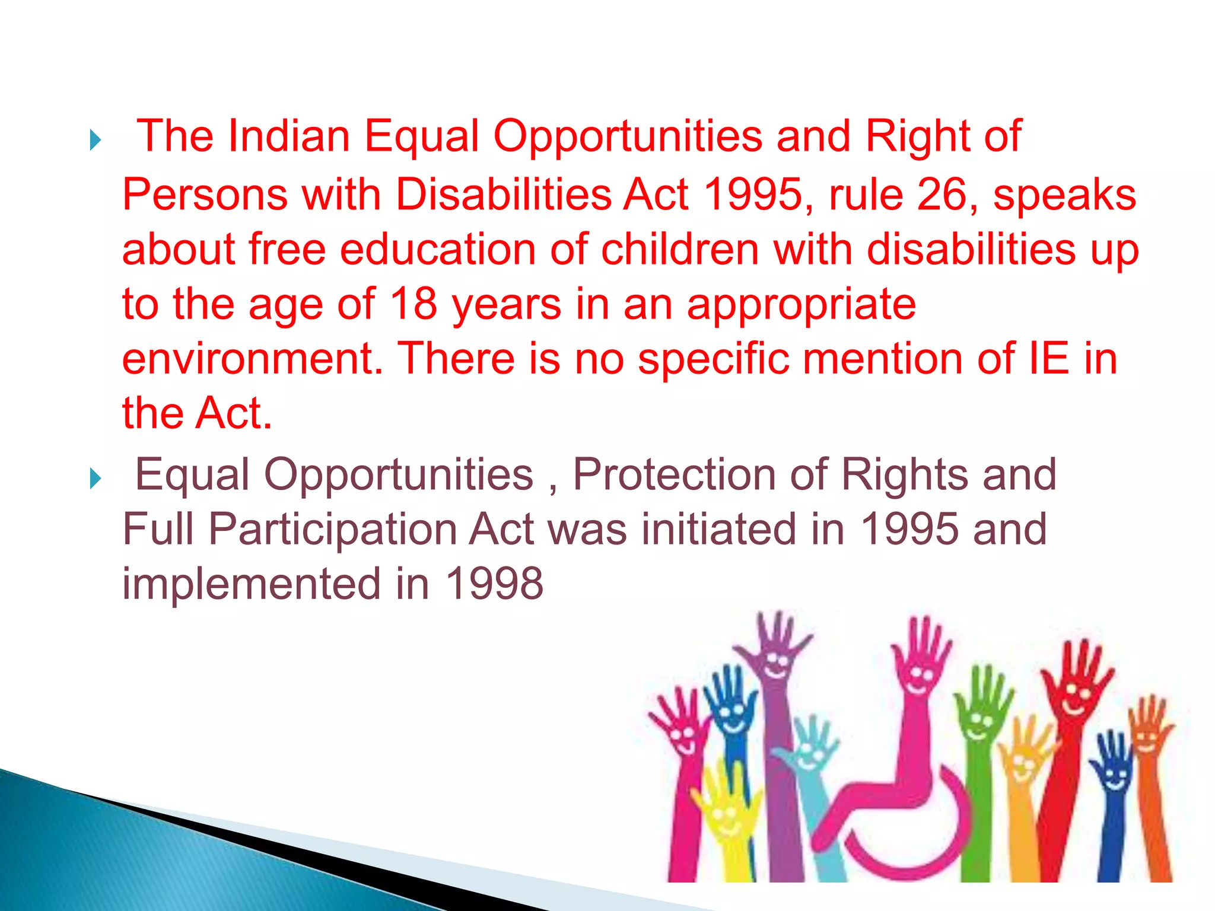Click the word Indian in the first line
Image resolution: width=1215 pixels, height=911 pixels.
tap(288, 136)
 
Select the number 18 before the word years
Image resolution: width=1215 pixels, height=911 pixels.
tap(414, 304)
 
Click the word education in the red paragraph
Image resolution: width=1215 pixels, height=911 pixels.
tap(438, 249)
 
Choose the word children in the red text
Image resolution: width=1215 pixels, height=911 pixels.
tap(680, 249)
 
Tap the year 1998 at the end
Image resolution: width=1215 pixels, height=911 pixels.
tap(494, 584)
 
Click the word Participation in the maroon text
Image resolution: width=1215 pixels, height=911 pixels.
tap(332, 529)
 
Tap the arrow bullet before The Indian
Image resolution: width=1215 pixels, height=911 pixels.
tap(95, 141)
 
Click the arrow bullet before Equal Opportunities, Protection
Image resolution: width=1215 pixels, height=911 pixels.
tap(95, 478)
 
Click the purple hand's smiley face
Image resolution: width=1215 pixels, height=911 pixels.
tap(777, 664)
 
